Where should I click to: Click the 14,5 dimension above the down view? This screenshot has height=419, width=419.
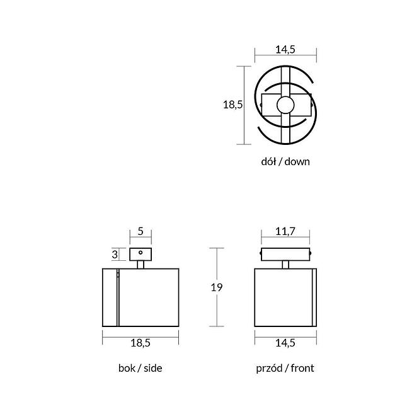[285, 49]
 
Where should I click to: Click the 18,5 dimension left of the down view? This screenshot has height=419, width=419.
[232, 105]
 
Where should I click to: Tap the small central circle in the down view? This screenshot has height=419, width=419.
[285, 105]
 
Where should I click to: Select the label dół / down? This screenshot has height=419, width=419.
[285, 162]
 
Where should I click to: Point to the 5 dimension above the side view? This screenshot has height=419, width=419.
[141, 231]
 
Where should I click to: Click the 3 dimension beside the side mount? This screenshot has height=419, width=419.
[115, 254]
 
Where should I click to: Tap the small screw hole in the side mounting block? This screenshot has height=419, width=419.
[141, 253]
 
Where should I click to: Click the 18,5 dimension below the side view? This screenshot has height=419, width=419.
[141, 343]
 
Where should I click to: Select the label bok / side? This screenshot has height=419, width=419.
[141, 368]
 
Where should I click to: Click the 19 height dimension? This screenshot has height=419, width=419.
[217, 287]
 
